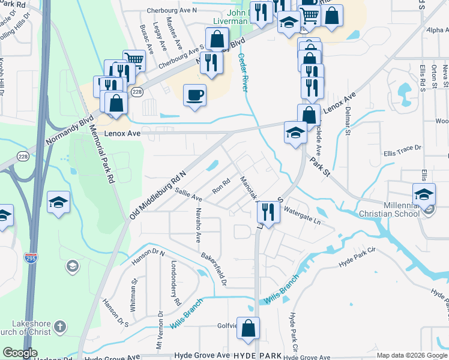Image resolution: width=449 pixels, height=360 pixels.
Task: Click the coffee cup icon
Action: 194,95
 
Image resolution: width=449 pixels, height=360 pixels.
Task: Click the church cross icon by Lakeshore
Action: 59,327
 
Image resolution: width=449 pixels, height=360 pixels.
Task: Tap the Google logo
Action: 20,353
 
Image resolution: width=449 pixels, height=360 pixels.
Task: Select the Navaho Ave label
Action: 198,224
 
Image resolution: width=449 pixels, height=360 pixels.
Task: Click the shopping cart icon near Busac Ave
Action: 134,60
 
